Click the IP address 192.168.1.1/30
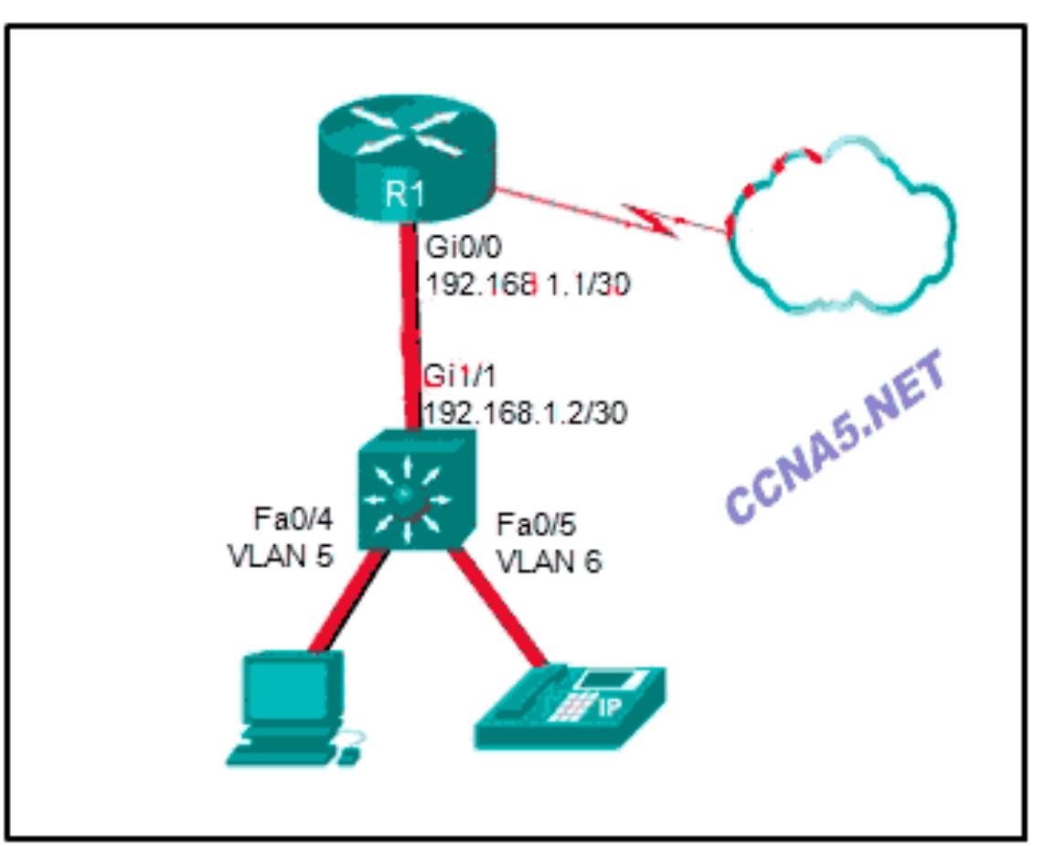click(528, 285)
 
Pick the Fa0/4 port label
click(293, 519)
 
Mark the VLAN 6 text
click(549, 560)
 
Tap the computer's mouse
click(347, 755)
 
